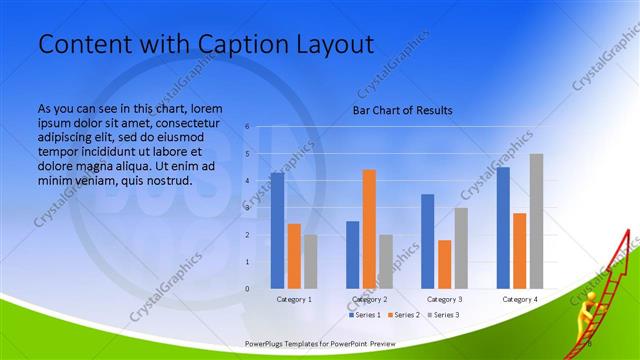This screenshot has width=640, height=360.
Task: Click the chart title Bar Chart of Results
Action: tap(402, 110)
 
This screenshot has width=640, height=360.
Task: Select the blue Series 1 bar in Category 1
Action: tap(277, 231)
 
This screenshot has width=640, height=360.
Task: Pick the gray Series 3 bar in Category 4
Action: tap(536, 221)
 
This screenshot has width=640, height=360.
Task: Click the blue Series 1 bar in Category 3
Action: tap(428, 241)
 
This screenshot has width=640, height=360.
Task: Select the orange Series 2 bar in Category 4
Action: tap(519, 250)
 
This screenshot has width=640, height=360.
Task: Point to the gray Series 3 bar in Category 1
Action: tap(311, 261)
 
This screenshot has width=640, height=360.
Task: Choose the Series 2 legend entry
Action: tap(405, 315)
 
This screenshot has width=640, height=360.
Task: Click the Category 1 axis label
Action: tap(294, 299)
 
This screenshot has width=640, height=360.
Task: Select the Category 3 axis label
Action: tap(445, 299)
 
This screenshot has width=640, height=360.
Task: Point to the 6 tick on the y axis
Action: tap(247, 127)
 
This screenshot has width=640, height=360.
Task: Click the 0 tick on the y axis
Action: tap(247, 289)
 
